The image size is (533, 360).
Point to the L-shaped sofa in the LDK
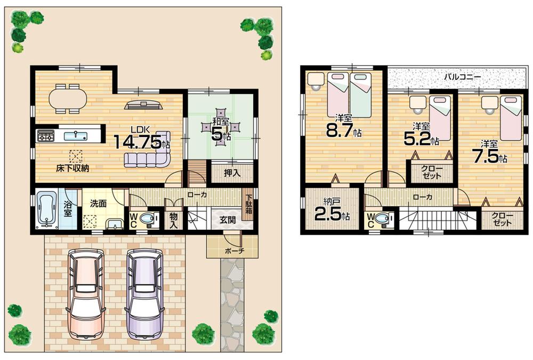(x=149, y=155)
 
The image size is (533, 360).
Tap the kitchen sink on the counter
(x=76, y=135)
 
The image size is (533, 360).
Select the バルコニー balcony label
(x=463, y=77)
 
